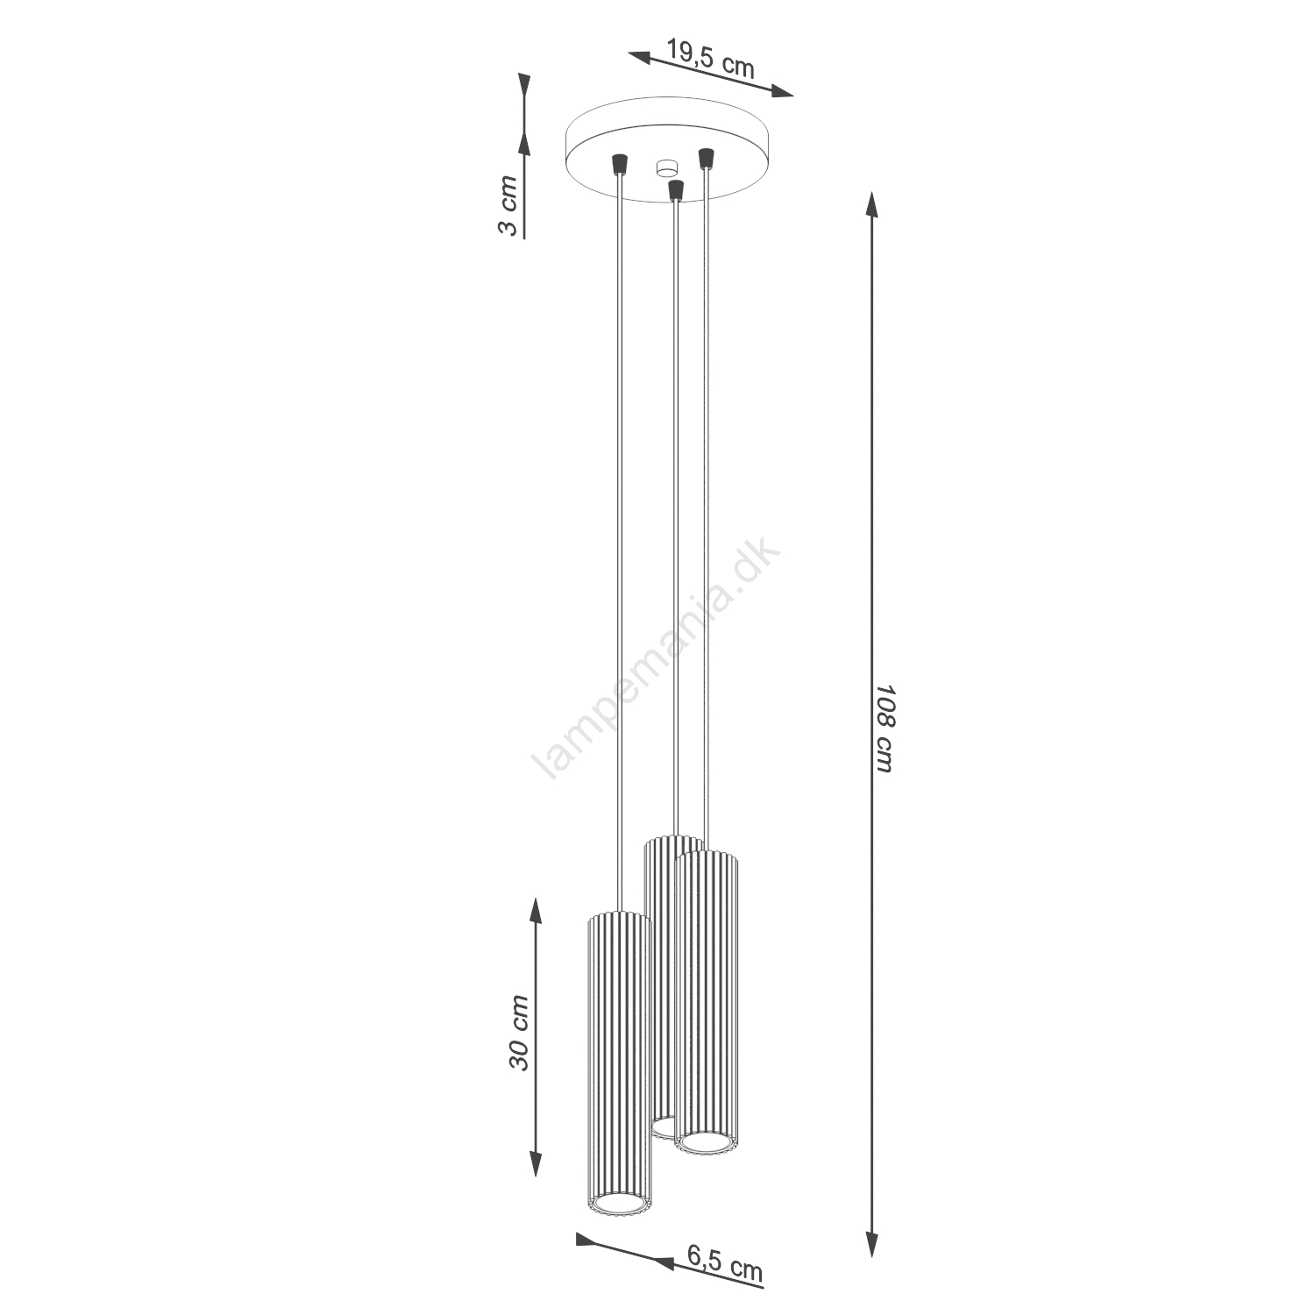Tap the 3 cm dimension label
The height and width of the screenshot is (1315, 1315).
508,205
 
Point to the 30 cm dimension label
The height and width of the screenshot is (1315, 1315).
519,1032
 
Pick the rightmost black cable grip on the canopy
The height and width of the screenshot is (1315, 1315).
704,159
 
